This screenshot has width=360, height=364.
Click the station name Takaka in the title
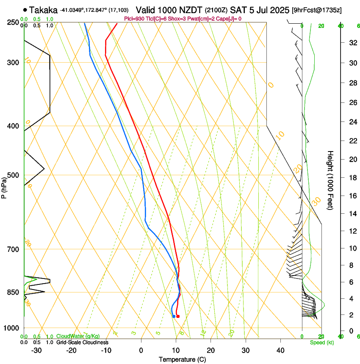tap(44, 9)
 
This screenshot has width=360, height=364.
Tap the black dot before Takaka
tap(26, 10)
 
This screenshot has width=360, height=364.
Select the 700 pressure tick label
tap(12, 249)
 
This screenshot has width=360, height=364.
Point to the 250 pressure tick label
tap(12, 22)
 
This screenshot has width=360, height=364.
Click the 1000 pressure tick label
tap(11, 328)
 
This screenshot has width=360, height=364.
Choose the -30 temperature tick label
tap(36, 350)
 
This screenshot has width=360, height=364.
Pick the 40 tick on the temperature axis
tap(280, 350)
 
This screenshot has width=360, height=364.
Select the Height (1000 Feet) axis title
tap(331, 180)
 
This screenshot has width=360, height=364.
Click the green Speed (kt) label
tap(322, 342)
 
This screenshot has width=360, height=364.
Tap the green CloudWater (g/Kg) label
tap(78, 336)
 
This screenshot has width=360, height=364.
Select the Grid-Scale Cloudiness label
tap(82, 342)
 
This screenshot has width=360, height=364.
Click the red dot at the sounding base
tap(178, 316)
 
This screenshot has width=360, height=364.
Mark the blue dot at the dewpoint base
tap(174, 316)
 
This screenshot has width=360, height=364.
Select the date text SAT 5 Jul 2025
tap(260, 9)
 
